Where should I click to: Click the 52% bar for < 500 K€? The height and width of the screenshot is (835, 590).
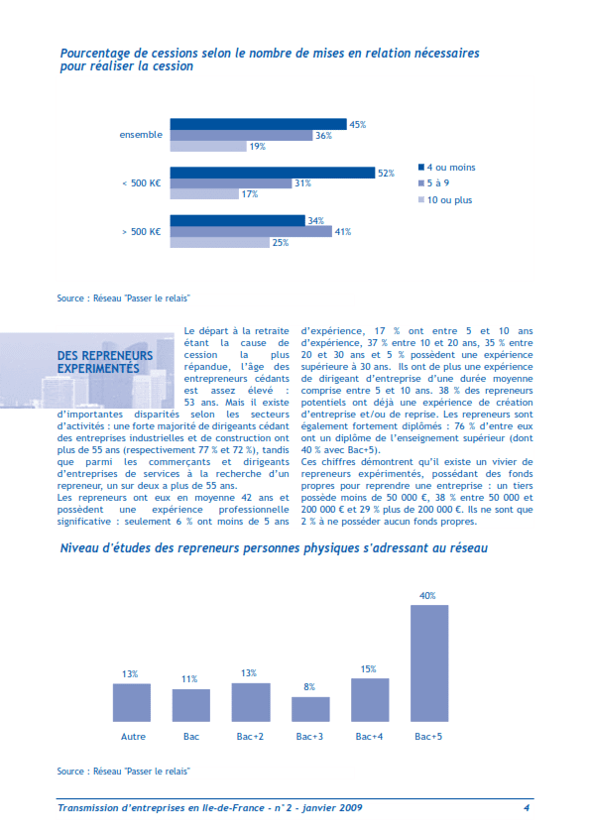[x=273, y=173]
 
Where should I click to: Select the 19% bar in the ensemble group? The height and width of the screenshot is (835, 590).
[x=208, y=147]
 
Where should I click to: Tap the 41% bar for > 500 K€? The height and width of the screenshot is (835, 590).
[x=251, y=232]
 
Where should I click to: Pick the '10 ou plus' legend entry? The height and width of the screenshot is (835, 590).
[x=448, y=199]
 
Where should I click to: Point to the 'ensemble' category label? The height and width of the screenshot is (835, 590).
[x=141, y=135]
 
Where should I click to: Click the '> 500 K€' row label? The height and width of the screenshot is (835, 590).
[x=141, y=232]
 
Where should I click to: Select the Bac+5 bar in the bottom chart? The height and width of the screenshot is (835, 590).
[x=429, y=662]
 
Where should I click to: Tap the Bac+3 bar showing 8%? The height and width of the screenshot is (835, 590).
[x=310, y=709]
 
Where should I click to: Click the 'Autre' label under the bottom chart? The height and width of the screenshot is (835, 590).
[x=132, y=737]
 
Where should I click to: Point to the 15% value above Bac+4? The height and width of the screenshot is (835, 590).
[x=369, y=669]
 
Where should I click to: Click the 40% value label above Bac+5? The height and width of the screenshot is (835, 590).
[x=428, y=596]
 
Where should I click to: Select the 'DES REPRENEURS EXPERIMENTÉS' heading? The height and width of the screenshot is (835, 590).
[x=105, y=361]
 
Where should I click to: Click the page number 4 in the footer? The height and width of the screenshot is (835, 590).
[x=527, y=808]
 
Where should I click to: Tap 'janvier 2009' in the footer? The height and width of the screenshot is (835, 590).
[x=330, y=808]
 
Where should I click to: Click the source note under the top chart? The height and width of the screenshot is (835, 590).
[x=123, y=298]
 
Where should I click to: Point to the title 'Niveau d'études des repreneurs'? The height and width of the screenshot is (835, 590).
[x=273, y=547]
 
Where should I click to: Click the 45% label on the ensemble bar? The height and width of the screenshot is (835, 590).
[x=358, y=125]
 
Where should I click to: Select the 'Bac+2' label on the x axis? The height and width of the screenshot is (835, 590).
[x=251, y=737]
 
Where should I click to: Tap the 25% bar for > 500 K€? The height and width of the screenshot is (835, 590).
[x=219, y=243]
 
